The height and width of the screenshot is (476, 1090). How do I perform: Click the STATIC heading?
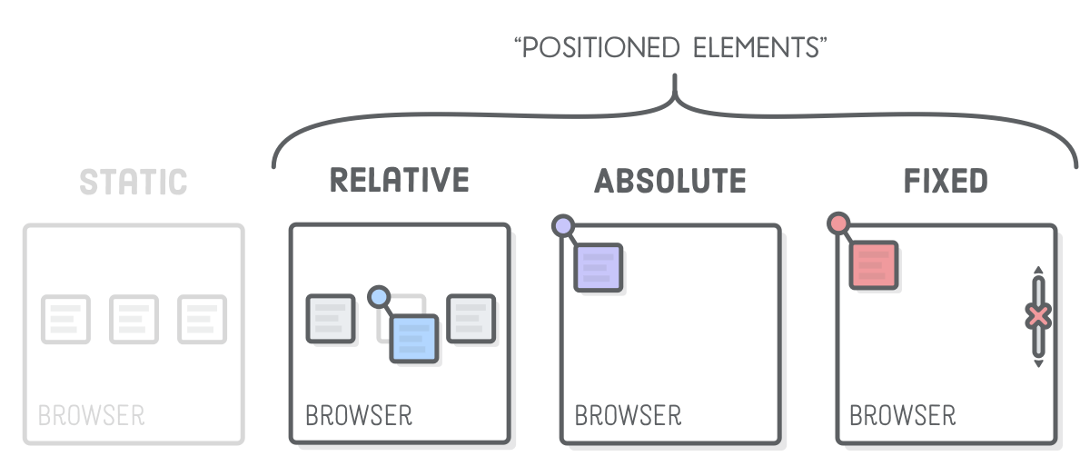[x=133, y=181]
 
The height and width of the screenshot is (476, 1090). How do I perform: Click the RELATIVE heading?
[x=399, y=180]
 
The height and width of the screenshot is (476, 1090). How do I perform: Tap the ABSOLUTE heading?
[x=670, y=181]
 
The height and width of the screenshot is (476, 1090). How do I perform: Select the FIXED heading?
[x=946, y=181]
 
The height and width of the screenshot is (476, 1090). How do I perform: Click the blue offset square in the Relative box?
[x=414, y=338]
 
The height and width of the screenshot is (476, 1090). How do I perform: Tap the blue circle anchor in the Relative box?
[x=379, y=296]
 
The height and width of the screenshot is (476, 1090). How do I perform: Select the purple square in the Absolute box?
[x=598, y=267]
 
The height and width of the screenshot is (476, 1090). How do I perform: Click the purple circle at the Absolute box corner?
[x=563, y=225]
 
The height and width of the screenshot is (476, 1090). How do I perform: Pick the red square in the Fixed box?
[x=873, y=265]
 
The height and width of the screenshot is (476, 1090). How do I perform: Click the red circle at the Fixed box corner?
[x=838, y=223]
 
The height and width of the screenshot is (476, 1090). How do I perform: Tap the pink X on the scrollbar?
[x=1038, y=316]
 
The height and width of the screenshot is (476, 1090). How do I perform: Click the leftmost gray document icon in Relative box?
[x=330, y=319]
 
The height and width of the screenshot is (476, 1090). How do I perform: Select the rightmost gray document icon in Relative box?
[x=471, y=319]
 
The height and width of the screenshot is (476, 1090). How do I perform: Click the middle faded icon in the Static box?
[x=134, y=319]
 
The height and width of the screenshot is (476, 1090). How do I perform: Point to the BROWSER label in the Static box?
[x=91, y=416]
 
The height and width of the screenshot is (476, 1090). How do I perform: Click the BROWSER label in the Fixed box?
[x=902, y=416]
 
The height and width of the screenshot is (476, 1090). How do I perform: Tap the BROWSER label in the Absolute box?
[x=628, y=416]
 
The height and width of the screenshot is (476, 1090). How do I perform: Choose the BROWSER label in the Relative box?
[x=359, y=416]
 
